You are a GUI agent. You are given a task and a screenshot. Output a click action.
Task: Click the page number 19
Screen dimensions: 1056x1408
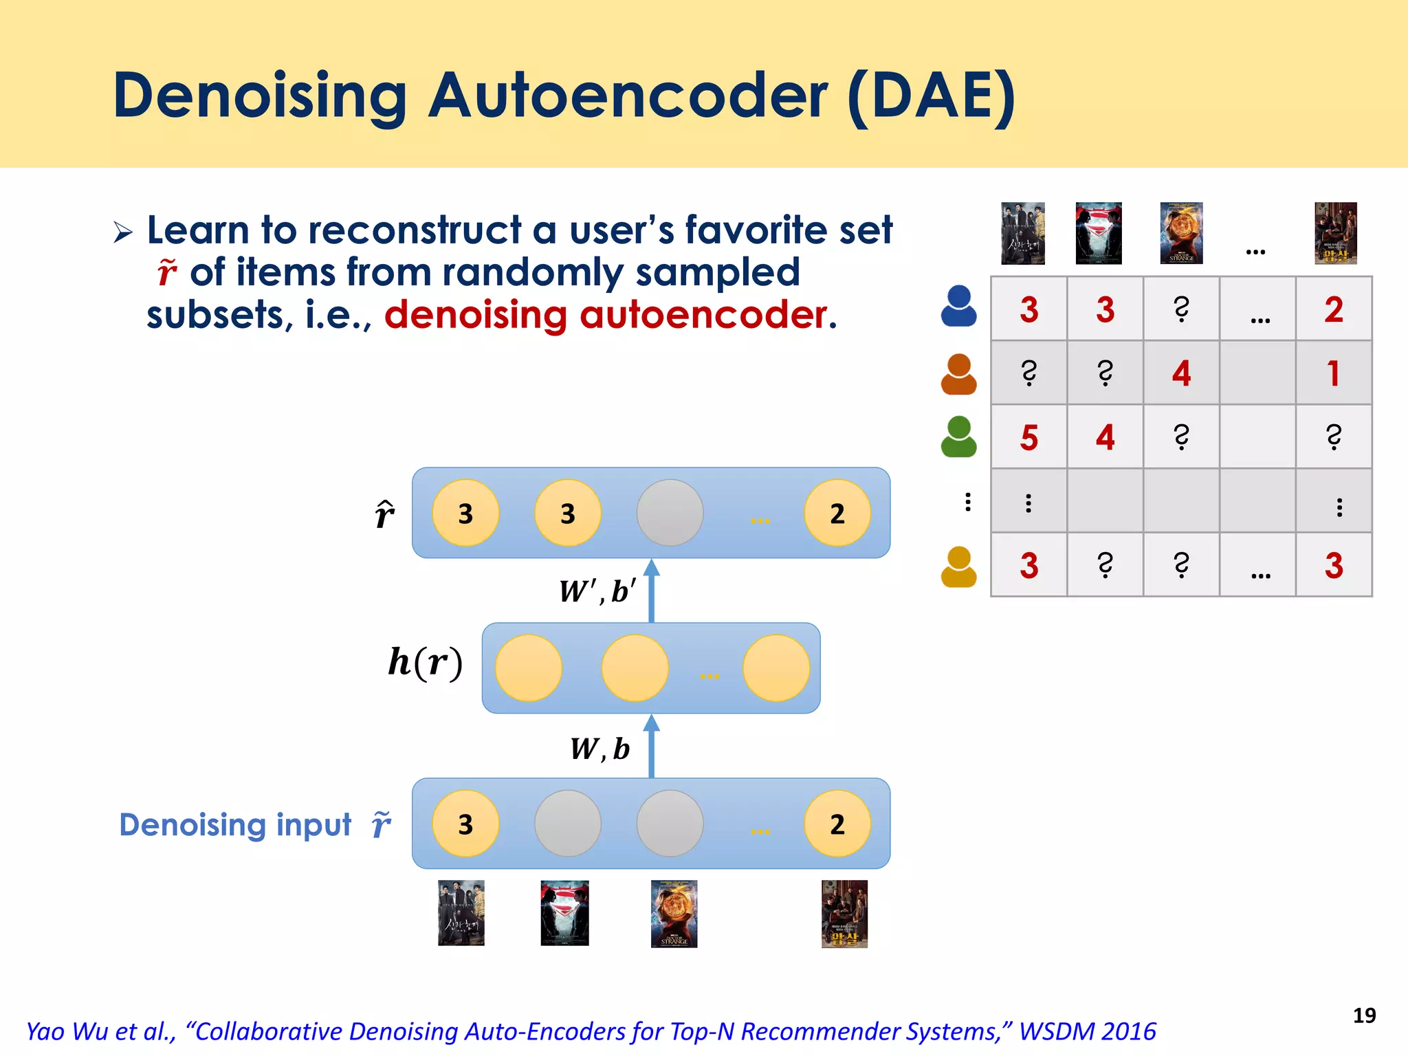tap(1364, 1015)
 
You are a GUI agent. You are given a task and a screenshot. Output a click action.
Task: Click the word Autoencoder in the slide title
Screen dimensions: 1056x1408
tap(628, 96)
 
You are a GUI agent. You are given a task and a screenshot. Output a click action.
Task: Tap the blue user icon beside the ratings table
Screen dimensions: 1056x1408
tap(958, 307)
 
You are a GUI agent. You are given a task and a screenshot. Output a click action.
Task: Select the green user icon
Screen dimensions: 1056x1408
tap(958, 437)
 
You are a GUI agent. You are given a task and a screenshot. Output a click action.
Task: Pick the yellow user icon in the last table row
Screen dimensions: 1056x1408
tap(958, 567)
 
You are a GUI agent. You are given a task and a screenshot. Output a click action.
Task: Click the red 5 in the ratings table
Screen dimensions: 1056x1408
tap(1028, 438)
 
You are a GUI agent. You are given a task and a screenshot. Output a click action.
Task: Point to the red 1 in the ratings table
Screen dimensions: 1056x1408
tap(1333, 374)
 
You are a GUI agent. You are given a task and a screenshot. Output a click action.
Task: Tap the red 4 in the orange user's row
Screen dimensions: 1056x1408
tap(1181, 374)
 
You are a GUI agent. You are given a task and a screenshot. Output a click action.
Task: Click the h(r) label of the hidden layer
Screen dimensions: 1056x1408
tap(425, 663)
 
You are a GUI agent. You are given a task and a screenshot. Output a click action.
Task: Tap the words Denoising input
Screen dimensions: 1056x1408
tap(235, 824)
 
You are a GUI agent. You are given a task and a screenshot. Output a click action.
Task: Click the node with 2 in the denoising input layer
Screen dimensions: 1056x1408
tap(837, 824)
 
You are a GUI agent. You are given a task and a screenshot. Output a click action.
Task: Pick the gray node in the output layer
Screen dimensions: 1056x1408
tap(670, 513)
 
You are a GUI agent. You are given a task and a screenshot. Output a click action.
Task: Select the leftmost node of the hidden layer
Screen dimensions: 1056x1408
tap(528, 668)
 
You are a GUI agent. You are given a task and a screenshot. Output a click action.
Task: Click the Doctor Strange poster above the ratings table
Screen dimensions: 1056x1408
tap(1181, 233)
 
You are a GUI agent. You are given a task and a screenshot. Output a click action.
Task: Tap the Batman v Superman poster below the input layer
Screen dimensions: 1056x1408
tap(564, 913)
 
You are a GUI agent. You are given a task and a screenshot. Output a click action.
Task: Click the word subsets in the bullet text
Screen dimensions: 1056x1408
tap(214, 316)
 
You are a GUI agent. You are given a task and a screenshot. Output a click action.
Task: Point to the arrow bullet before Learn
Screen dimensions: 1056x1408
tap(123, 232)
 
